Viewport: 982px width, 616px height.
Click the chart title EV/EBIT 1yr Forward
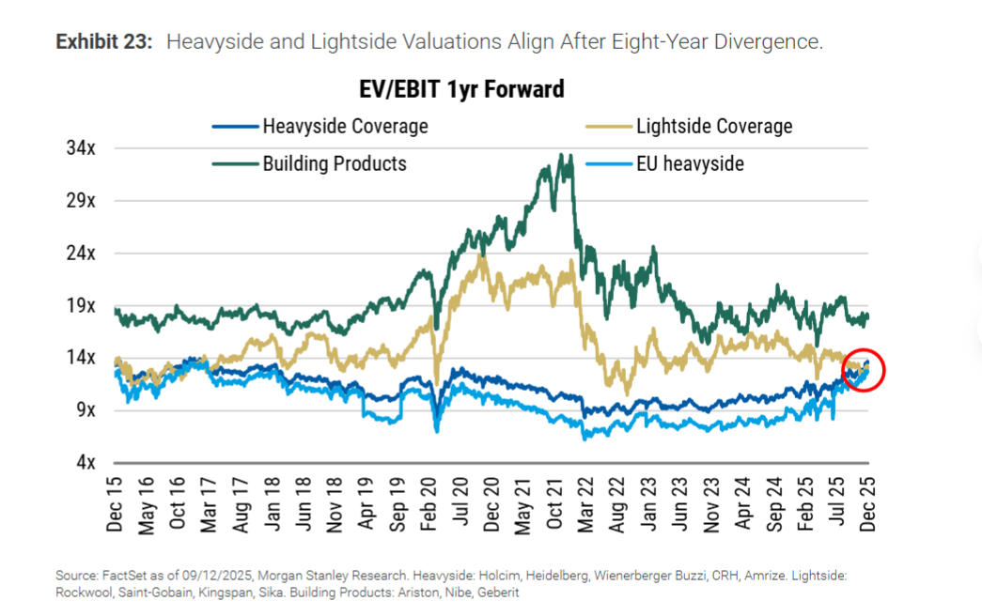pos(461,89)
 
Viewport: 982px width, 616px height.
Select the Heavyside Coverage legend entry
pos(345,126)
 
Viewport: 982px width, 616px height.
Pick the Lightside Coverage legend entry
pos(713,126)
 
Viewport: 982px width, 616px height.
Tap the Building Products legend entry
pos(334,163)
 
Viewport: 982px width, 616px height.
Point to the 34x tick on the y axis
pos(82,148)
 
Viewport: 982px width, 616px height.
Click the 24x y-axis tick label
pos(82,254)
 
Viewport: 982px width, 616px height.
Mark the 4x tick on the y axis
pos(86,463)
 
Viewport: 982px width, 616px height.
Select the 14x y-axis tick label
pos(82,358)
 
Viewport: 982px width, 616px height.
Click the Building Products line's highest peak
pos(560,156)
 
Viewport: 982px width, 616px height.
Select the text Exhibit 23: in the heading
pos(103,42)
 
